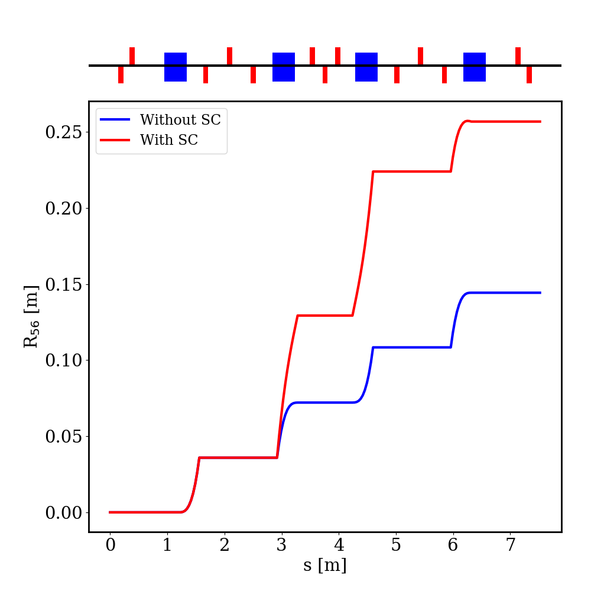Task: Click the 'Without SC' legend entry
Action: pyautogui.click(x=180, y=120)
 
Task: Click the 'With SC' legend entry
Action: pyautogui.click(x=168, y=140)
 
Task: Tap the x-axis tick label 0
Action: pyautogui.click(x=111, y=544)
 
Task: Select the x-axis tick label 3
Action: pyautogui.click(x=282, y=544)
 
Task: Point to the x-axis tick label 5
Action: pyautogui.click(x=396, y=544)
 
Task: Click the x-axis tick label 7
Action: pyautogui.click(x=511, y=544)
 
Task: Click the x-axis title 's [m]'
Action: pyautogui.click(x=324, y=566)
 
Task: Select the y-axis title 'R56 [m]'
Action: pyautogui.click(x=30, y=316)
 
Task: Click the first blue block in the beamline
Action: pyautogui.click(x=176, y=67)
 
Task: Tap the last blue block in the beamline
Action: pyautogui.click(x=475, y=67)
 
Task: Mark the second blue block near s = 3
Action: pyautogui.click(x=284, y=67)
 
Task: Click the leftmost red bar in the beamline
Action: pyautogui.click(x=121, y=74)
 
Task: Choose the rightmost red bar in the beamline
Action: pyautogui.click(x=529, y=74)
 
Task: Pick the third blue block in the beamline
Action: pyautogui.click(x=366, y=67)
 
